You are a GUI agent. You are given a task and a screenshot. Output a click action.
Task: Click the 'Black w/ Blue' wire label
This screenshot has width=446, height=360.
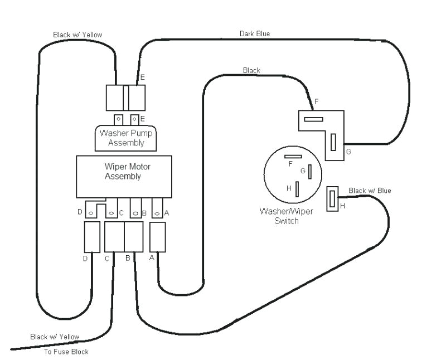coord(370,191)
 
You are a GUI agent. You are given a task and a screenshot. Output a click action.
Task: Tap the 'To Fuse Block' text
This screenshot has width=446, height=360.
coord(66,352)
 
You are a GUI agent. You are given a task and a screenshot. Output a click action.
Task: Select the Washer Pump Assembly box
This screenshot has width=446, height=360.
coord(126,138)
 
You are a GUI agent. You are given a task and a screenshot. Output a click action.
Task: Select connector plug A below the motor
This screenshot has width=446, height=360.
coord(158,237)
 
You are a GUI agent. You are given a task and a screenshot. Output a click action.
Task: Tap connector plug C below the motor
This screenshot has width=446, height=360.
coord(114,236)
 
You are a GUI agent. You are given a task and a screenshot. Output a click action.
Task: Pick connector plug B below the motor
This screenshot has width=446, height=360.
coord(134,236)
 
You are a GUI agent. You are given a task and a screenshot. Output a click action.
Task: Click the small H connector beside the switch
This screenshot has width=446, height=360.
coord(333,199)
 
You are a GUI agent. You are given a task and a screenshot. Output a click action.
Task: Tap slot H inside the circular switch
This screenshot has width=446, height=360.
coord(297,189)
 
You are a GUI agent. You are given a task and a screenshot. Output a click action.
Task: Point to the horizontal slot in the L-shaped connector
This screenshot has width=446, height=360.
coord(313,119)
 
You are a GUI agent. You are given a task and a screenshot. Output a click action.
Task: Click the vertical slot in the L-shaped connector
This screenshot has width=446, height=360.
coord(333,143)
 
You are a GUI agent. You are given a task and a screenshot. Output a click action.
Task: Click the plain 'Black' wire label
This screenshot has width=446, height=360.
coord(251,70)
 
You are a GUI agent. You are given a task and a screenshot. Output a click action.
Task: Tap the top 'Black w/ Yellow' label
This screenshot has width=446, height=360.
coord(77,35)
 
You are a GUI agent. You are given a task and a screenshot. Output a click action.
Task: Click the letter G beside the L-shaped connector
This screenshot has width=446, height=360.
coord(348,152)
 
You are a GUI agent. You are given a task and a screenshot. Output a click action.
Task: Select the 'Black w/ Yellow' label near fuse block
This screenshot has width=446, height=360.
coord(55,337)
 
